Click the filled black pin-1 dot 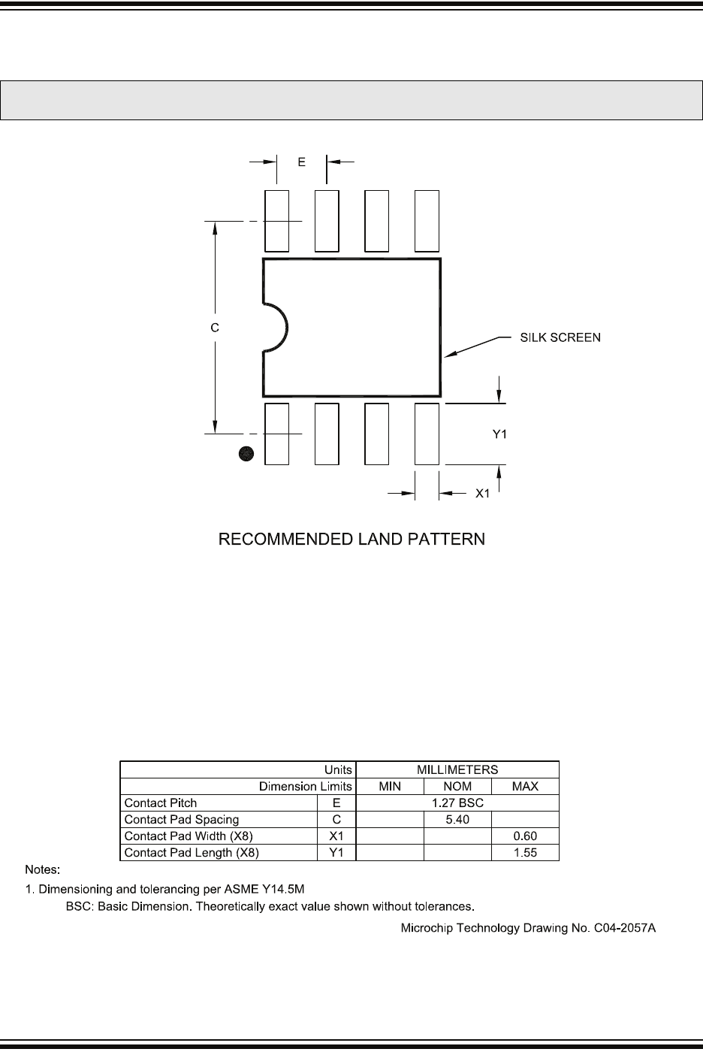pyautogui.click(x=246, y=453)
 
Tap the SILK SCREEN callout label pyautogui.click(x=560, y=337)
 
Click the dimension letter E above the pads pyautogui.click(x=301, y=162)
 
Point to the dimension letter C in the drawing pyautogui.click(x=215, y=328)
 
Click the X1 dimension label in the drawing pyautogui.click(x=483, y=494)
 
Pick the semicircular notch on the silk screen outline pyautogui.click(x=276, y=328)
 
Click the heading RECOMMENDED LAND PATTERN pyautogui.click(x=351, y=540)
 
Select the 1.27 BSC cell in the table pyautogui.click(x=457, y=803)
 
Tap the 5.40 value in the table pyautogui.click(x=457, y=819)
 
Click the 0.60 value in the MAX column pyautogui.click(x=525, y=836)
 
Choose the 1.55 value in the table pyautogui.click(x=525, y=853)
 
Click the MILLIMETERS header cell pyautogui.click(x=457, y=769)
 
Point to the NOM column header pyautogui.click(x=457, y=786)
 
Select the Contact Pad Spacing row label pyautogui.click(x=181, y=819)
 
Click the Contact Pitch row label pyautogui.click(x=160, y=803)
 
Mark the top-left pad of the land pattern pyautogui.click(x=276, y=221)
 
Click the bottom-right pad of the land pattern pyautogui.click(x=427, y=434)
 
